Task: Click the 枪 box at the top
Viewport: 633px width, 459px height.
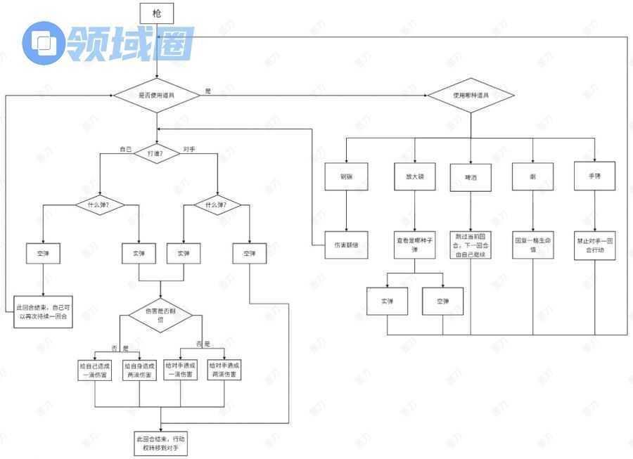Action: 157,13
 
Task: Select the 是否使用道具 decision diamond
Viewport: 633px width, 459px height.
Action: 157,95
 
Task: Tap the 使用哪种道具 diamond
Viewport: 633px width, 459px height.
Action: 471,95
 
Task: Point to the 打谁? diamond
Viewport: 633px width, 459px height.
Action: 158,153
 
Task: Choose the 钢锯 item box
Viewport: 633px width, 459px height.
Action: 345,176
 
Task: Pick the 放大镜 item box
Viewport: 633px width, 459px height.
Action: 415,176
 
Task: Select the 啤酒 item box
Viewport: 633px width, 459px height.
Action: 471,176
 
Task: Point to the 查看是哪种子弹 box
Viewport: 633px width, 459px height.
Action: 415,245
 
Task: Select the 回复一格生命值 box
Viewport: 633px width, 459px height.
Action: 532,244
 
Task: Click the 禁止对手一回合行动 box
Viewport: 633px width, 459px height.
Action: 595,244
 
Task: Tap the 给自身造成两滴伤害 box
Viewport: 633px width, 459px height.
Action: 139,370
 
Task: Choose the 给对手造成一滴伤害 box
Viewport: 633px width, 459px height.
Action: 181,370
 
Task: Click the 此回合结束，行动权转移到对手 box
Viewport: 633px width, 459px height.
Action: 161,444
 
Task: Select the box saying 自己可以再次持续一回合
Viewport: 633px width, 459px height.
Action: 44,312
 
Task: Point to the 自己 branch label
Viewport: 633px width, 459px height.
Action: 125,149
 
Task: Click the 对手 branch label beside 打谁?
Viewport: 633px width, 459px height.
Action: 189,149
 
